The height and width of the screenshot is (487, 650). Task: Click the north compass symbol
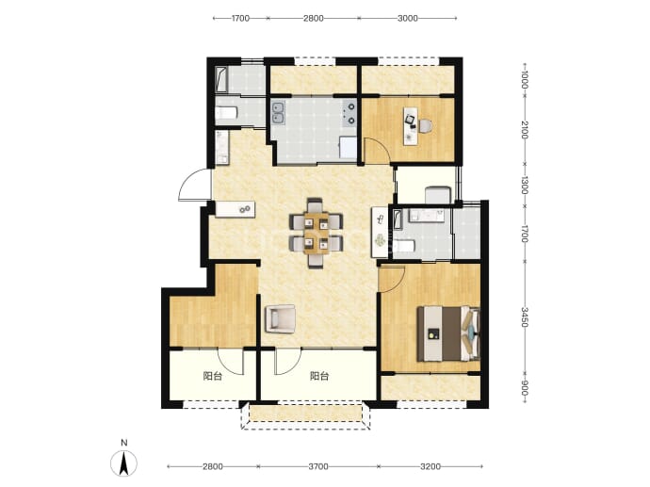(x=123, y=463)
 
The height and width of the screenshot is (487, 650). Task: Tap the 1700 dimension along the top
(x=240, y=18)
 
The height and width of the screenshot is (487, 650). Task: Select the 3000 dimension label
(x=408, y=18)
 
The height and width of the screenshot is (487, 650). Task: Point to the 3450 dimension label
(x=525, y=317)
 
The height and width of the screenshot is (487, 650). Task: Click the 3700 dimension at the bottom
(x=318, y=466)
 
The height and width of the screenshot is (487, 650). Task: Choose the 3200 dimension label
(x=431, y=466)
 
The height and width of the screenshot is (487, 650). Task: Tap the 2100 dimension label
(x=525, y=130)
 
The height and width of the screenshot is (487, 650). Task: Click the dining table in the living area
(x=316, y=233)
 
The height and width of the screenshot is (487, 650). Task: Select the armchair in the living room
(x=280, y=318)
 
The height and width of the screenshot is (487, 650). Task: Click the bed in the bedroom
(x=448, y=333)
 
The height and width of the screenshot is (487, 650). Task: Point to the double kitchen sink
(x=278, y=113)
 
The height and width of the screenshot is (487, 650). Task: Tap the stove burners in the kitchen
(x=349, y=114)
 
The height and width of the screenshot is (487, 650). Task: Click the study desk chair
(x=425, y=125)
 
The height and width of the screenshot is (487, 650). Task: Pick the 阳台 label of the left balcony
(x=213, y=377)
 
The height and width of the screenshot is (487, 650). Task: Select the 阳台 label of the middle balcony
(x=319, y=377)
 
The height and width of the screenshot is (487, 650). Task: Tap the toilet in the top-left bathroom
(x=226, y=113)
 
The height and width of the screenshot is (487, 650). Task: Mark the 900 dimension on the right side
(x=525, y=387)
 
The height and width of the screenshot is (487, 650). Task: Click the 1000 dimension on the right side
(x=525, y=79)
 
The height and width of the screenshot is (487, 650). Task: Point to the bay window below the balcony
(x=305, y=414)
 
